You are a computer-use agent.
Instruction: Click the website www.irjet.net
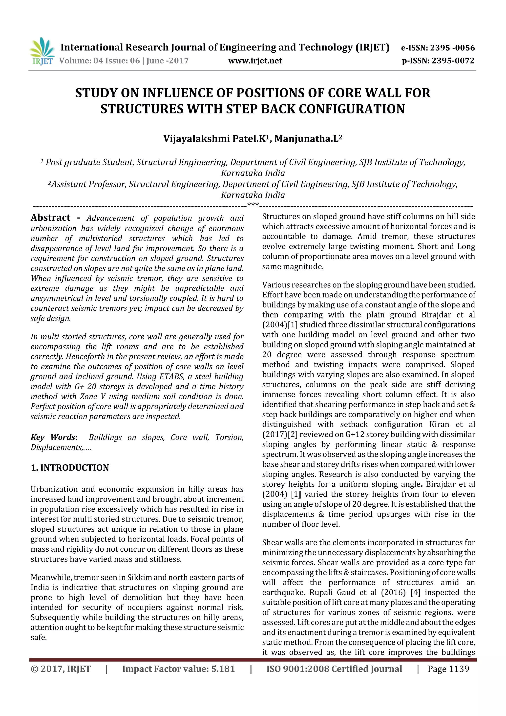coord(255,61)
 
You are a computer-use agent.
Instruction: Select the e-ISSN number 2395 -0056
coord(452,48)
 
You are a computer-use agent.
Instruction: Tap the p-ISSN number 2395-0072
coord(453,61)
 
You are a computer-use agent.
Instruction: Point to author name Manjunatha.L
coord(306,138)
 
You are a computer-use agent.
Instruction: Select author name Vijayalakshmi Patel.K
coord(214,138)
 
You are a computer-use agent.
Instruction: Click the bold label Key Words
coord(53,437)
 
